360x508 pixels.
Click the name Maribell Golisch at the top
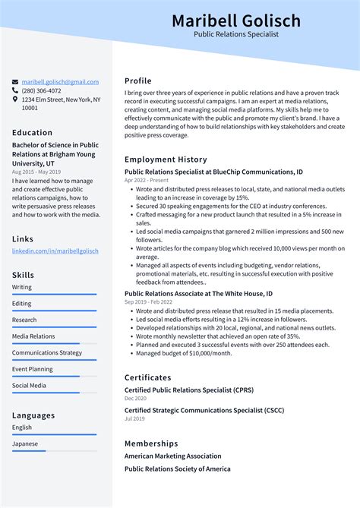click(235, 20)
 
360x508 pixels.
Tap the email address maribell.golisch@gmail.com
click(60, 82)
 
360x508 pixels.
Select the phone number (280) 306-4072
click(43, 90)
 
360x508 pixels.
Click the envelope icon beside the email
click(15, 82)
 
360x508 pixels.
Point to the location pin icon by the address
click(15, 99)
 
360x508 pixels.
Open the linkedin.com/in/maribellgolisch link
click(55, 251)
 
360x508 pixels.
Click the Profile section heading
click(138, 81)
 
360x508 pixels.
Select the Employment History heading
click(166, 159)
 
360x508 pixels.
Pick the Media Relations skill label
click(33, 336)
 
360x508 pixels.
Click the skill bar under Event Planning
click(54, 377)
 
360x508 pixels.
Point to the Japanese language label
click(25, 443)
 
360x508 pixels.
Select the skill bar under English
click(54, 435)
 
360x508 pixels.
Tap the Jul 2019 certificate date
click(134, 418)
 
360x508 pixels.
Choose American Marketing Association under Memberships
click(173, 456)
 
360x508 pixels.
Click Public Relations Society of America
click(178, 469)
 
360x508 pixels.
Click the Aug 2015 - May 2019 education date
click(35, 172)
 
